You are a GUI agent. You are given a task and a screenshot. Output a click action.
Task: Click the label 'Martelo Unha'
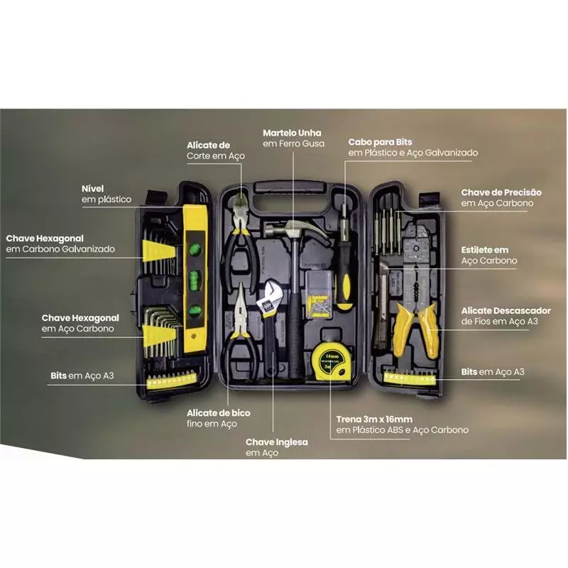(292, 133)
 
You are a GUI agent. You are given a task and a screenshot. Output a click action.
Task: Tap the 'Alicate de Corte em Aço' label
(216, 151)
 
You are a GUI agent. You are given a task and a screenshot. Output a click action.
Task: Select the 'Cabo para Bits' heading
(380, 142)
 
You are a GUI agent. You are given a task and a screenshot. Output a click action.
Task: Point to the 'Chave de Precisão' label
(501, 192)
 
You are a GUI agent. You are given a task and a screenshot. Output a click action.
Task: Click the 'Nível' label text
(92, 189)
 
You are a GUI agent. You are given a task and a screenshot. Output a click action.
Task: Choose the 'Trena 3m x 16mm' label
(374, 420)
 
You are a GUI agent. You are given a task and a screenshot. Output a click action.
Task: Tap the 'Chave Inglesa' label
(277, 442)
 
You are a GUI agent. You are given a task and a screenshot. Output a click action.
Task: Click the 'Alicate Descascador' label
(506, 311)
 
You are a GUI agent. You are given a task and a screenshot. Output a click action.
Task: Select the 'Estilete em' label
(485, 250)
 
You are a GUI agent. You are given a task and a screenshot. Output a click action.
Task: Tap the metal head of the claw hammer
(297, 230)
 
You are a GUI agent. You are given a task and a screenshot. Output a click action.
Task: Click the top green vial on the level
(195, 250)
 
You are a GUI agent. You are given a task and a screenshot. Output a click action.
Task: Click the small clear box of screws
(318, 295)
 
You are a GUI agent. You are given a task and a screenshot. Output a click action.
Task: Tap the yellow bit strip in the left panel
(172, 381)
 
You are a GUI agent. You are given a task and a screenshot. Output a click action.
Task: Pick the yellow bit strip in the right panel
(410, 378)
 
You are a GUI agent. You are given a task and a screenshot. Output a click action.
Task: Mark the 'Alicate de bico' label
(219, 413)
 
